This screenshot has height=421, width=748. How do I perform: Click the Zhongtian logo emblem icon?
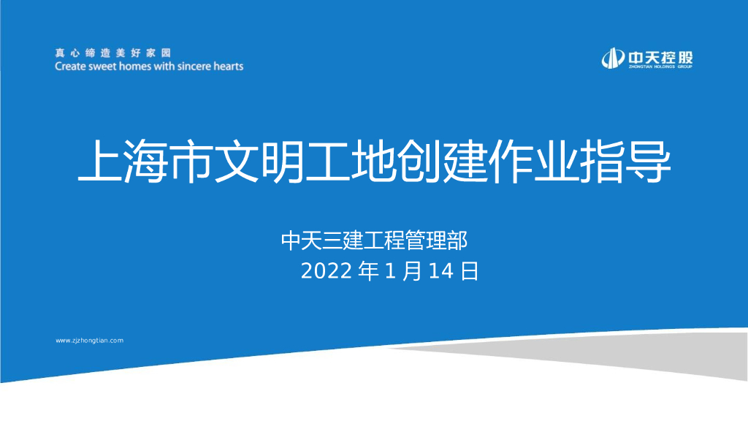[612, 58]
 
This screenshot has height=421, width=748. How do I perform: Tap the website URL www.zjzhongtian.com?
[90, 341]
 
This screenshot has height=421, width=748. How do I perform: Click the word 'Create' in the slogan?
[70, 66]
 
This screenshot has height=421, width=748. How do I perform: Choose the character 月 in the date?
[413, 271]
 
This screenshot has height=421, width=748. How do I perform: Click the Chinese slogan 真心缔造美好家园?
[112, 53]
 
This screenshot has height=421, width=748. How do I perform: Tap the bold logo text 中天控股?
[659, 56]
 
